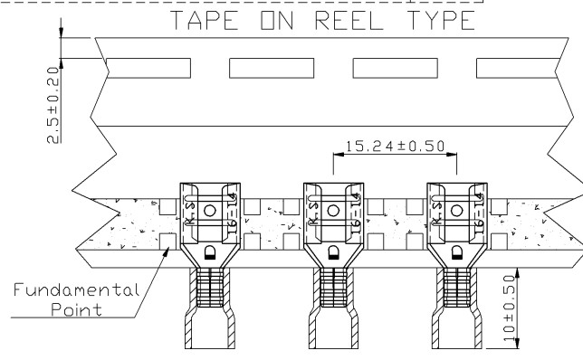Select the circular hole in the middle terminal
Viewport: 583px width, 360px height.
(x=333, y=210)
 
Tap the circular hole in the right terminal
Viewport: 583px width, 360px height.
(x=456, y=210)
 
